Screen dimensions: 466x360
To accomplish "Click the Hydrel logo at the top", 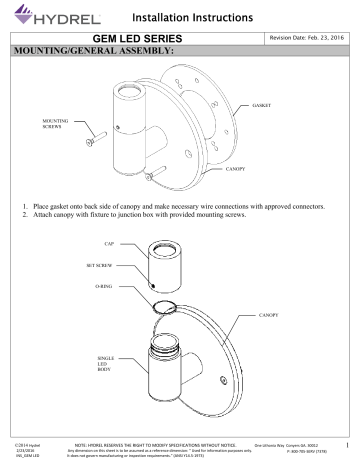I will coord(45,16).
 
